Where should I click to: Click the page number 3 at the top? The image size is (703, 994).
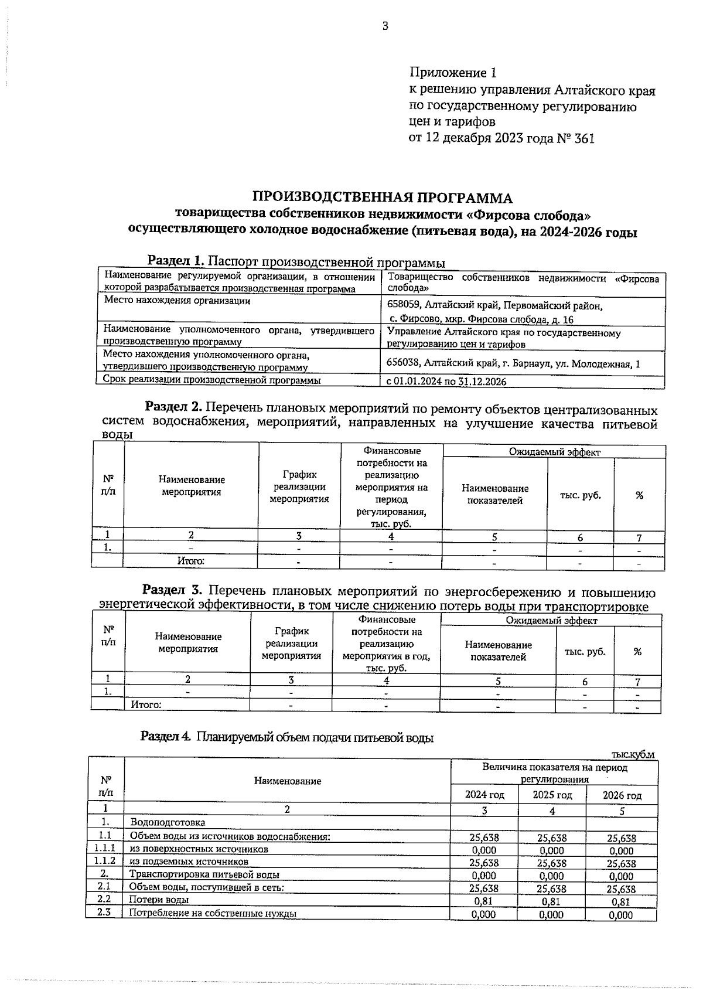click(x=385, y=26)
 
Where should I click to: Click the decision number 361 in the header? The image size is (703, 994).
click(x=583, y=139)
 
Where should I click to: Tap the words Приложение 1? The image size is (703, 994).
click(x=453, y=73)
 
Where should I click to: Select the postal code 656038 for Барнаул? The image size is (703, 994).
click(x=404, y=363)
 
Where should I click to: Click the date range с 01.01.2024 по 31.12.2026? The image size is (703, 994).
click(x=446, y=382)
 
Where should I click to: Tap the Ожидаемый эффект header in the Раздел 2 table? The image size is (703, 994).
click(x=554, y=452)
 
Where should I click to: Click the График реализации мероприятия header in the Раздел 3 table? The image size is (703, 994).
click(x=291, y=643)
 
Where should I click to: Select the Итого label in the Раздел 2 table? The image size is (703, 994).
click(x=191, y=561)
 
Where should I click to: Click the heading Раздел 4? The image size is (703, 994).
click(x=166, y=737)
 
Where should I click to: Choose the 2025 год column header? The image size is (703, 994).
click(x=552, y=795)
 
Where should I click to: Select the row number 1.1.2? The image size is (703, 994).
click(x=105, y=861)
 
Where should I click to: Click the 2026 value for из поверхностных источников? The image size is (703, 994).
click(x=621, y=851)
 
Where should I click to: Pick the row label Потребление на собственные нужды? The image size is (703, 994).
click(x=212, y=913)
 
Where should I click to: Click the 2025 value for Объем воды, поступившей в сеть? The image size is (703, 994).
click(x=551, y=889)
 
